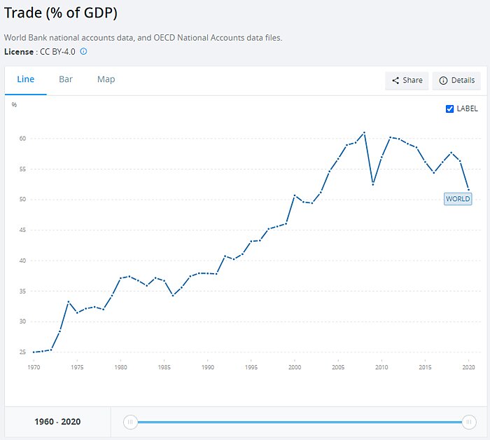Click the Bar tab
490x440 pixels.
66,80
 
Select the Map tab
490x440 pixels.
106,80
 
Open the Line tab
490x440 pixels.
26,80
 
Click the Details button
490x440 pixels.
456,81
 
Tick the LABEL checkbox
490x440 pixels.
450,109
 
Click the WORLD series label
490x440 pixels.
458,199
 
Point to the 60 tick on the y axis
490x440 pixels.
22,139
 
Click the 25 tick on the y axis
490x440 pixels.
22,352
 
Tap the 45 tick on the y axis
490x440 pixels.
22,230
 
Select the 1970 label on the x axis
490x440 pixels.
34,367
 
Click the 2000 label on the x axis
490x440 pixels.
295,367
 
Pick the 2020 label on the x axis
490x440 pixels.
468,367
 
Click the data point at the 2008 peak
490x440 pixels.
364,132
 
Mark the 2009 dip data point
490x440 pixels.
373,184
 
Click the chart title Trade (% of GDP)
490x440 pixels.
61,13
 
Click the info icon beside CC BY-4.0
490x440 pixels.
84,52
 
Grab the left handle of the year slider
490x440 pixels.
130,422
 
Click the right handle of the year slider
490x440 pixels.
468,422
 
